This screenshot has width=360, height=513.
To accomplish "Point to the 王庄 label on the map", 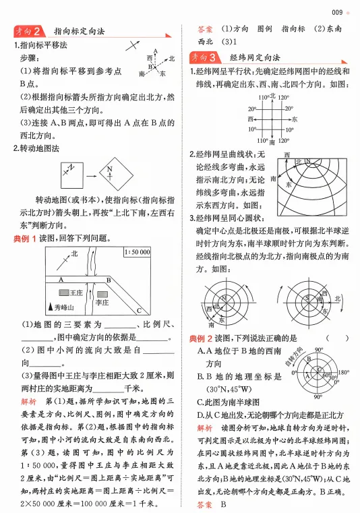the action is click(77, 294).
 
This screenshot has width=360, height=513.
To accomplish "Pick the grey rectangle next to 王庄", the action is click(62, 294).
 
